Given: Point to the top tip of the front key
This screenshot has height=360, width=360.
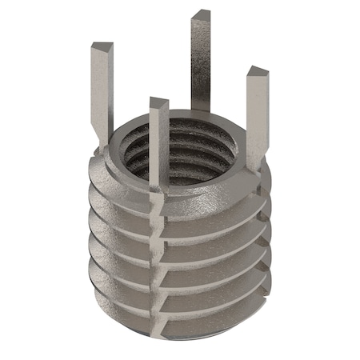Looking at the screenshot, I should [x=158, y=102].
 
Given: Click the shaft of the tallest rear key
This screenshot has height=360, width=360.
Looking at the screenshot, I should [x=203, y=64].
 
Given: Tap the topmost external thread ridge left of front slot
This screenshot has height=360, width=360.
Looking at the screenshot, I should [x=120, y=196].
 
